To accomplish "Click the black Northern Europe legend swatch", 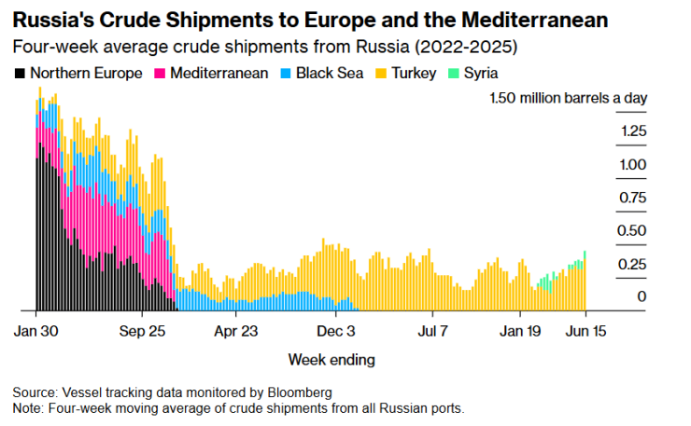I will (x=21, y=73).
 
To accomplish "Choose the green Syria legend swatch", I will (x=453, y=73).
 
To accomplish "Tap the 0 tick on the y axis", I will (x=642, y=296).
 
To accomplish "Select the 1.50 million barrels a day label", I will (x=569, y=98).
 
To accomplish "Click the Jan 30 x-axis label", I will (x=38, y=330).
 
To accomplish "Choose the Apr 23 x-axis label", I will (x=235, y=330).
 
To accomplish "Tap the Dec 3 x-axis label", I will (x=336, y=330).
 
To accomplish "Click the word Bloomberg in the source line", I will (x=300, y=392).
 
